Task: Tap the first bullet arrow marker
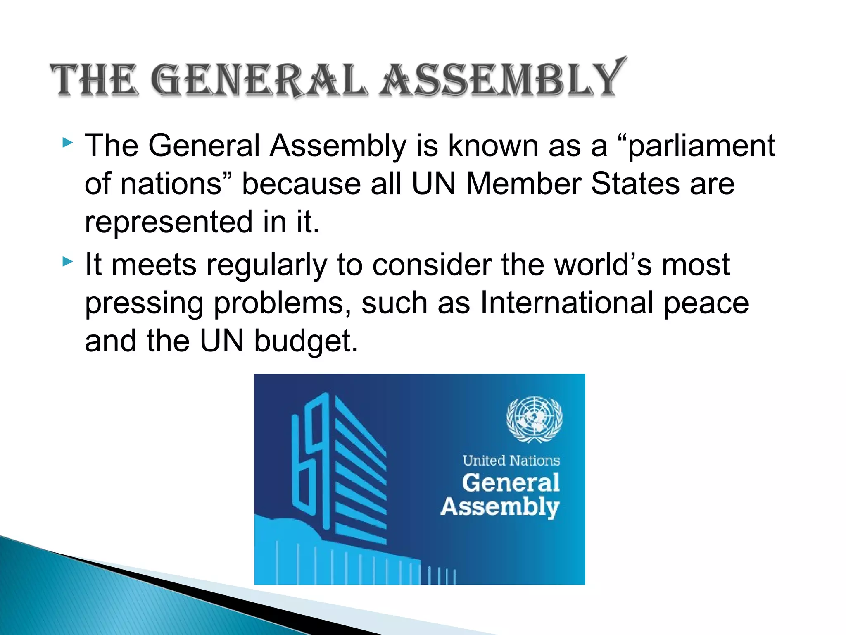pos(68,143)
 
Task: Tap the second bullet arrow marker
pos(68,262)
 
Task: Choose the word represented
pos(169,222)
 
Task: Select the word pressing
pos(144,304)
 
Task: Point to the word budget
pos(306,341)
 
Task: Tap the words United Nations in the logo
pos(511,461)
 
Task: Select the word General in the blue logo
pos(511,482)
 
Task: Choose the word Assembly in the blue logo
pos(500,507)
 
